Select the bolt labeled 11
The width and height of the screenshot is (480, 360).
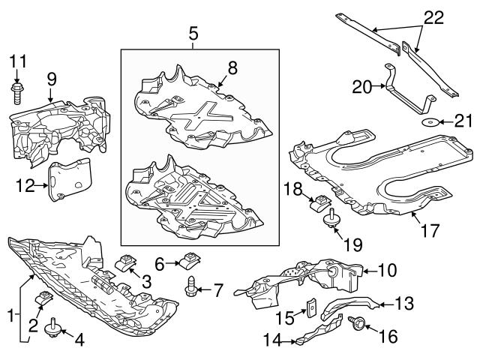click(x=18, y=91)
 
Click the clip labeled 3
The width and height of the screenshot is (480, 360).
click(x=127, y=262)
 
